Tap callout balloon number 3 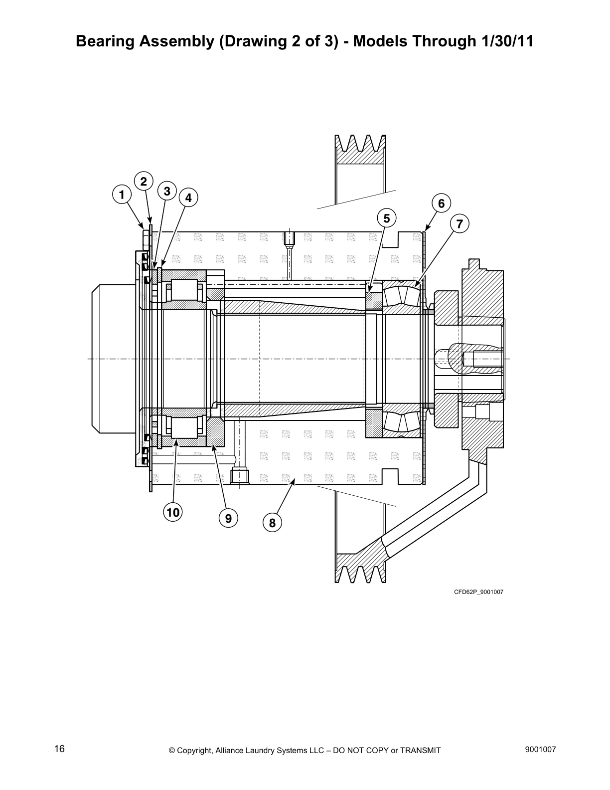point(167,191)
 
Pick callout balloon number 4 point(188,198)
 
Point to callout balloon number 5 point(387,218)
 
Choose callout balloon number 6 point(441,203)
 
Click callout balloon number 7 point(459,224)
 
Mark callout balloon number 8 point(272,523)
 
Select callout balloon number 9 point(228,519)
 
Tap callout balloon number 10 point(173,512)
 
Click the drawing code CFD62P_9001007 point(478,592)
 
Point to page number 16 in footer point(59,749)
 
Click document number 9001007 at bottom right point(540,749)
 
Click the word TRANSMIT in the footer point(420,751)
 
